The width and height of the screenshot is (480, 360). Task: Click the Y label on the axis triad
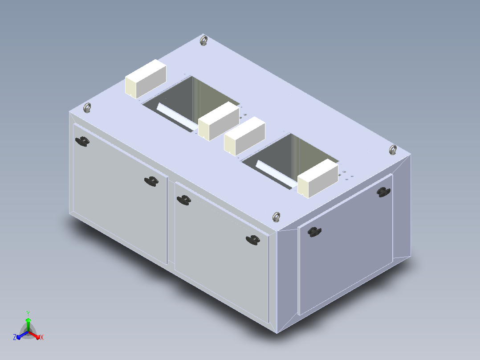click(28, 314)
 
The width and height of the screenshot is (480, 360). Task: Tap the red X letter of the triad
click(42, 337)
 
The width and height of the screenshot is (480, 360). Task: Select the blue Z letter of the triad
click(15, 337)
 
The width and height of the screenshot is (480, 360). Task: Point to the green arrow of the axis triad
click(28, 324)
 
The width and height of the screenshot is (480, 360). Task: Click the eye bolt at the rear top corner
click(203, 41)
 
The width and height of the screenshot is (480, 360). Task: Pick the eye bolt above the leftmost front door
click(87, 108)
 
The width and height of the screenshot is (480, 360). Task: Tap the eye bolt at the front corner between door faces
click(277, 217)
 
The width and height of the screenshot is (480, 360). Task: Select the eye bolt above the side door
click(393, 150)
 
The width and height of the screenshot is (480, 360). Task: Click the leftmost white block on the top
click(146, 79)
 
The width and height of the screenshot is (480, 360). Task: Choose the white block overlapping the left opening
click(219, 121)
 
